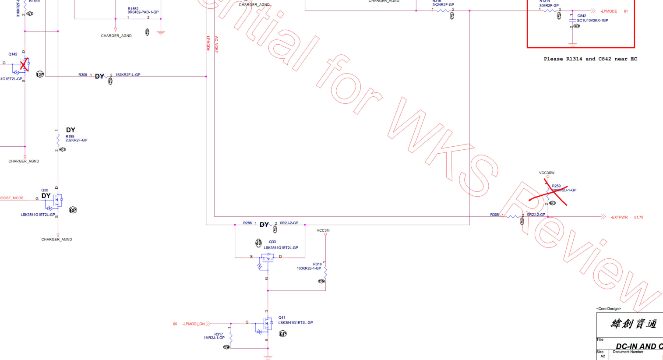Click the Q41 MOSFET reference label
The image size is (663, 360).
coord(282,318)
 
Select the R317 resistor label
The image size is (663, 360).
coord(219,334)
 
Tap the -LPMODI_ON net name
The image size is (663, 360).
coord(194,324)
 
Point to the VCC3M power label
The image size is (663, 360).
coord(323,230)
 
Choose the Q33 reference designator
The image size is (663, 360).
coord(272,242)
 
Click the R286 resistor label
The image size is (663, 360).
coord(247,223)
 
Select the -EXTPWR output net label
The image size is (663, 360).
coord(619,217)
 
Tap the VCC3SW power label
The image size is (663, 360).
coord(547,173)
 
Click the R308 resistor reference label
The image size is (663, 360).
coord(494,215)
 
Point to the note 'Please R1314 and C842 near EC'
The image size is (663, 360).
coord(590,59)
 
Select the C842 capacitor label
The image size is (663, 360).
coord(582,16)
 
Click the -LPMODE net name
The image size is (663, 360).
coord(609,11)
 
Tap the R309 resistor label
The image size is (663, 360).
coord(83,75)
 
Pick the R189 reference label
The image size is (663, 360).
coord(70,136)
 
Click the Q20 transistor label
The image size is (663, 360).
coord(45,190)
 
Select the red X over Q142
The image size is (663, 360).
coord(24,64)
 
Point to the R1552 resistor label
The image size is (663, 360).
coord(133,9)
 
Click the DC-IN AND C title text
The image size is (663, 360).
coord(638,346)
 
